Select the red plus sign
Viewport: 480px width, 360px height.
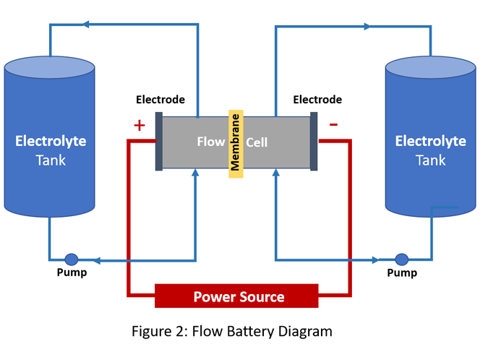[x=140, y=126]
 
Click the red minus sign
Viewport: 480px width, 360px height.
[x=333, y=124]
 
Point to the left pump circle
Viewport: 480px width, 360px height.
[x=72, y=259]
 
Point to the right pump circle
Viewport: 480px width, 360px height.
[x=401, y=259]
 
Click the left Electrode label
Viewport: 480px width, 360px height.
[x=160, y=100]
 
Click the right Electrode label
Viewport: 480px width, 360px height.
[x=317, y=100]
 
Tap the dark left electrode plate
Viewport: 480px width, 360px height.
[x=159, y=142]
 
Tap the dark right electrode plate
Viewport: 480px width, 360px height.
[x=314, y=142]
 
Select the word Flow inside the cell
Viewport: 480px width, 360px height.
[x=211, y=142]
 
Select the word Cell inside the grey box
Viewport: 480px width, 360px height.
[x=257, y=142]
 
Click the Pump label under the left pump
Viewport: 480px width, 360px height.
[x=72, y=273]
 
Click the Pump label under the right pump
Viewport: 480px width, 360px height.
[x=402, y=273]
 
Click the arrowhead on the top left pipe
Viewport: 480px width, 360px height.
[x=86, y=25]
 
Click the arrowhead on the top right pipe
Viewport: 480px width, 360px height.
[x=368, y=27]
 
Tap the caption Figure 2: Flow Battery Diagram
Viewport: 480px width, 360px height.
[x=231, y=332]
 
